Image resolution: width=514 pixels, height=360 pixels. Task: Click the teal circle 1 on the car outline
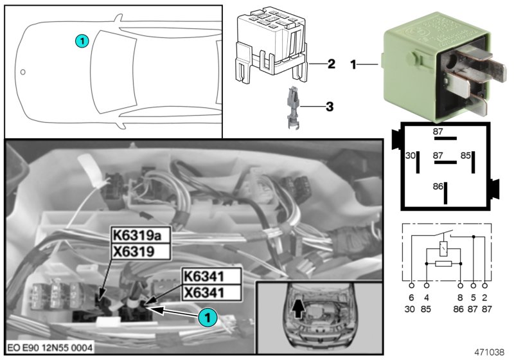click(81, 40)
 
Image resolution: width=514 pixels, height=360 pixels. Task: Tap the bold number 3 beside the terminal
click(329, 106)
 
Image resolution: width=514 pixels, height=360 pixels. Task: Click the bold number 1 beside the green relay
click(353, 64)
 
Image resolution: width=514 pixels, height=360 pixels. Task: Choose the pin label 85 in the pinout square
click(466, 156)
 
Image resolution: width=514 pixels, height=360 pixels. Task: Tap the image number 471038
click(490, 352)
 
